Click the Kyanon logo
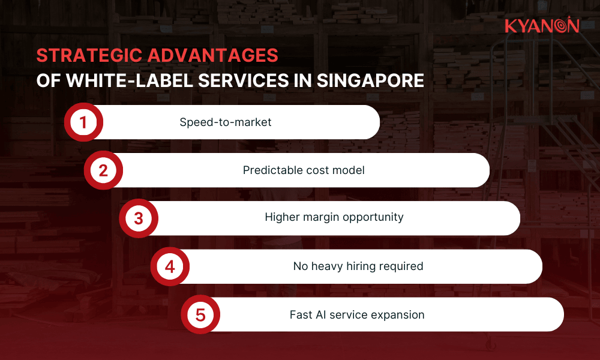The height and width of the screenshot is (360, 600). tap(541, 26)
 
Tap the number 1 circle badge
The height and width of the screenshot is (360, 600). tap(83, 122)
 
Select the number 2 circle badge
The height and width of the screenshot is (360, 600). tap(103, 170)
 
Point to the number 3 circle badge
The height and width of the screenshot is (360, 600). tap(138, 218)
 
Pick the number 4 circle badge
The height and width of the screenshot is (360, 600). tap(170, 266)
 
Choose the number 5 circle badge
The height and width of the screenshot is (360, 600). tap(200, 314)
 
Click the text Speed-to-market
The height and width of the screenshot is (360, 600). tap(226, 122)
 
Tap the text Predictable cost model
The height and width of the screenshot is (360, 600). tap(304, 170)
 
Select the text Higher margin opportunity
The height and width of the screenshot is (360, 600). tap(334, 217)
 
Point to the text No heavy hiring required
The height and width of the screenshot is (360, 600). tap(358, 266)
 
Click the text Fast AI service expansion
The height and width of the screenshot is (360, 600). tap(357, 315)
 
